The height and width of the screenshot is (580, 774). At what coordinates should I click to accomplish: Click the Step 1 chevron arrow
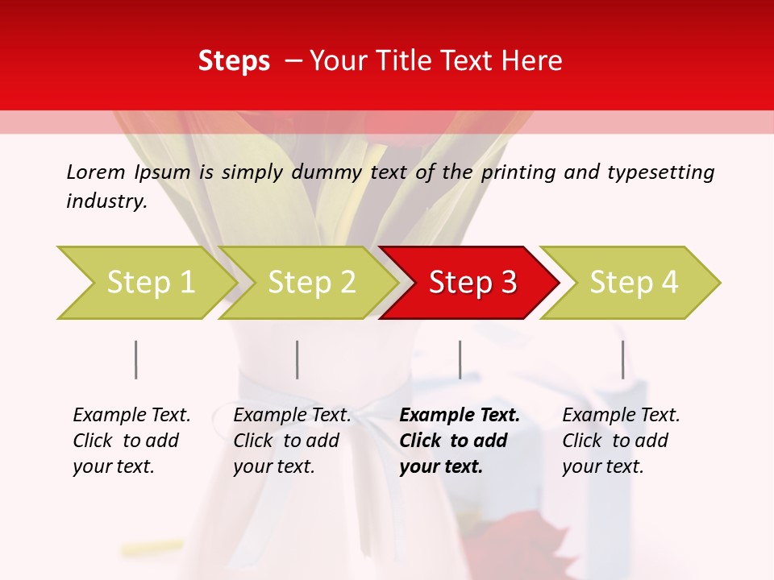(150, 283)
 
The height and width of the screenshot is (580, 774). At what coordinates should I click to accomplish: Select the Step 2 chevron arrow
(311, 283)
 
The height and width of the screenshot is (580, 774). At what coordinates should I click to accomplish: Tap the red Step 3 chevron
(472, 283)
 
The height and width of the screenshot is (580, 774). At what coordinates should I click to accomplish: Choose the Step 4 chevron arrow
(634, 283)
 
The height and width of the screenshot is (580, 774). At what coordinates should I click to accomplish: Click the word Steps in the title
(234, 61)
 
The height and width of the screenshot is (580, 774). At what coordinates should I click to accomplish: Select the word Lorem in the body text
(96, 172)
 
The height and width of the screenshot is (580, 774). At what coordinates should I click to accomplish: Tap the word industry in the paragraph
(106, 201)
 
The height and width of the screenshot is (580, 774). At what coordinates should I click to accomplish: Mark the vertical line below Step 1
(136, 359)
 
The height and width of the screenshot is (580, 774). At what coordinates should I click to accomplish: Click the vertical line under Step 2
(298, 359)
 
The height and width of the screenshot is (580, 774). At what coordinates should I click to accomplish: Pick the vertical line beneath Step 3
(460, 359)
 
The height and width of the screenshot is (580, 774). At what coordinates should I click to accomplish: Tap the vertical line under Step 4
(622, 359)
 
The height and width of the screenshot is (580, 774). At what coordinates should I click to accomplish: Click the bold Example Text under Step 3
(460, 416)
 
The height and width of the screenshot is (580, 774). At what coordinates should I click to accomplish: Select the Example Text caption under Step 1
(131, 416)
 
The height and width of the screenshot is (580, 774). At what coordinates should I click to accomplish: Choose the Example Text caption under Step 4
(621, 416)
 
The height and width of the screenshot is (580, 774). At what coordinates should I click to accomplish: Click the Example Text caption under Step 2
(292, 416)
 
